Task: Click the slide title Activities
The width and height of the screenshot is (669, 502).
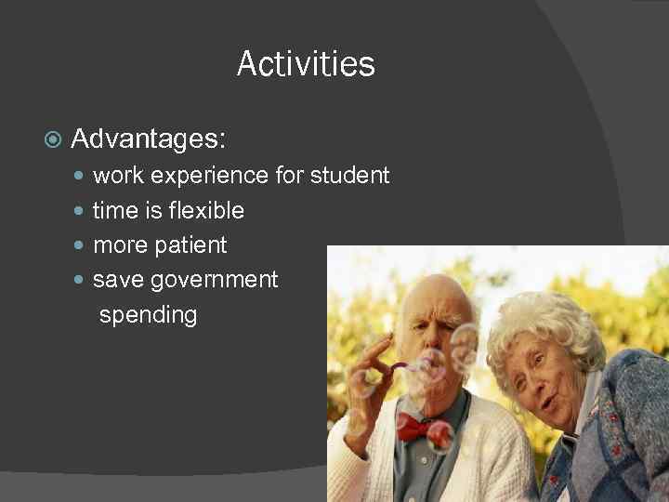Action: (306, 64)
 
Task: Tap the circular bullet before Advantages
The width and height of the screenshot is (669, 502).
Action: (53, 140)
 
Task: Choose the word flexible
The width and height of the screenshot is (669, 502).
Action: (207, 210)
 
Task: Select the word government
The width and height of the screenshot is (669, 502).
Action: (214, 280)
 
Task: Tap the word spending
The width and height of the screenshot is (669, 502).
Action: (148, 315)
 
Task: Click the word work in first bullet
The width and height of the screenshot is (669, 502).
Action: (117, 175)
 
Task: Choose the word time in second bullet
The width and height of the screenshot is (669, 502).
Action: (115, 210)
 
